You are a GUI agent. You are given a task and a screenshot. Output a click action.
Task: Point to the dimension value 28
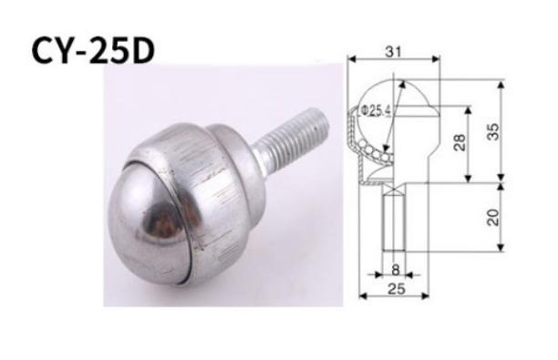pos(460,142)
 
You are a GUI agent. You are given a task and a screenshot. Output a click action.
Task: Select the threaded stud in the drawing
pos(393,223)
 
